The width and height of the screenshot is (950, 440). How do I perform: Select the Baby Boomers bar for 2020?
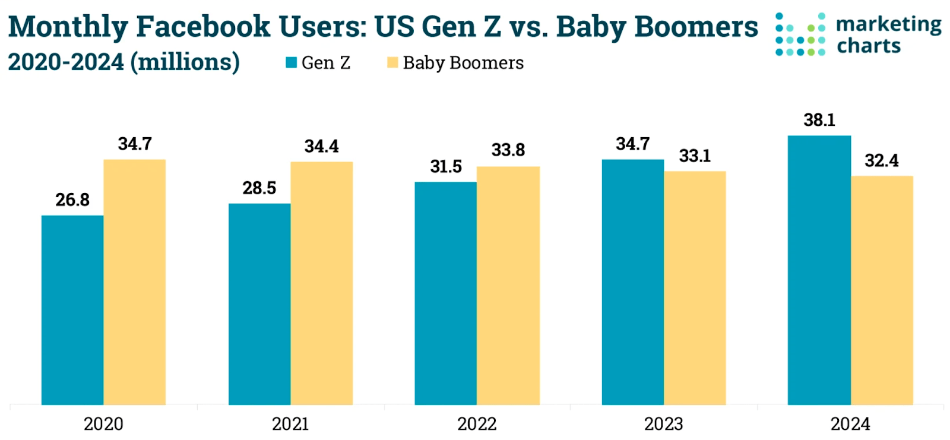[x=135, y=282]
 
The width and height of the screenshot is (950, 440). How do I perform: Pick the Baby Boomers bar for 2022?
[x=508, y=286]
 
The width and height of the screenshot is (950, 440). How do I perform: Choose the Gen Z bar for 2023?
[x=633, y=282]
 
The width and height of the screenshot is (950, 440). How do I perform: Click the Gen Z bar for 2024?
[x=819, y=270]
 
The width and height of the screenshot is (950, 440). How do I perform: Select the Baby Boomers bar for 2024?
[x=882, y=290]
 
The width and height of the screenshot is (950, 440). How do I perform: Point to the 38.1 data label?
[x=819, y=120]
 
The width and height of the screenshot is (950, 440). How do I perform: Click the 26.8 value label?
[x=72, y=200]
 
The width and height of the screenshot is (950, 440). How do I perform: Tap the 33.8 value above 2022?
[x=508, y=150]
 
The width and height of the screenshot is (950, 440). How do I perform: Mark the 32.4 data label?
[x=882, y=161]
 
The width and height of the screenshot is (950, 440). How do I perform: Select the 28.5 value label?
[x=259, y=188]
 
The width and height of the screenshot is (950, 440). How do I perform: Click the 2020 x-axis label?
[x=103, y=424]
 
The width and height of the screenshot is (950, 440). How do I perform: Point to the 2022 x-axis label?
[x=477, y=424]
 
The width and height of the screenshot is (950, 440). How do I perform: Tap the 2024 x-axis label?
[x=850, y=424]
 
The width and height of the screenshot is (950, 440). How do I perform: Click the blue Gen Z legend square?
[x=291, y=62]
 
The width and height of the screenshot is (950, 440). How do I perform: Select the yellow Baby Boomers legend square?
[x=392, y=62]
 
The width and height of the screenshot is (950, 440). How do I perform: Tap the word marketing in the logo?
[x=888, y=24]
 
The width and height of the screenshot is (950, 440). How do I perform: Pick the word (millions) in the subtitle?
[x=185, y=62]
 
